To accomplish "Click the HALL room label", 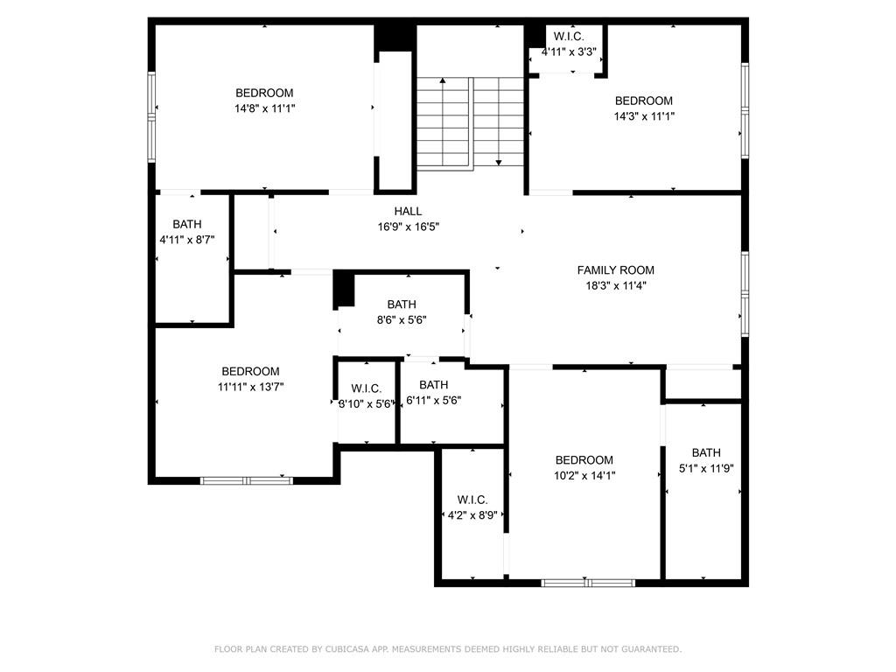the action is [408, 212].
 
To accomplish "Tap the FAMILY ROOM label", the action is [615, 270].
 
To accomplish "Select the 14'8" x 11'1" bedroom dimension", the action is [264, 108].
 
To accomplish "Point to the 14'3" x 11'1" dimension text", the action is [644, 116].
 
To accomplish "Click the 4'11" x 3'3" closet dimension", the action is [569, 52].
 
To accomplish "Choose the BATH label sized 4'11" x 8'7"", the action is [187, 224].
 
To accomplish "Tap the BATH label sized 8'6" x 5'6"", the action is [402, 304].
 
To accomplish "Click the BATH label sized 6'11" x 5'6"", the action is [434, 385].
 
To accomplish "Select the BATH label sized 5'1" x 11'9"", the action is [706, 452].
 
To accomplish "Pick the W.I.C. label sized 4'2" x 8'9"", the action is [472, 500].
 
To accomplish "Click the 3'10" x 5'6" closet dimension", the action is [367, 404].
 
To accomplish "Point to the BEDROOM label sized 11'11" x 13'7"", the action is [251, 371].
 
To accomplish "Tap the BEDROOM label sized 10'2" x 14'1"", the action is [584, 460].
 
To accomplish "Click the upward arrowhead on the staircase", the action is [442, 81].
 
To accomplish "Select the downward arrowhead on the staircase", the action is [499, 163].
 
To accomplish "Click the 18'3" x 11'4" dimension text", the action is [616, 286].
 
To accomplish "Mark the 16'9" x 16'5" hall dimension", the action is [408, 227].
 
